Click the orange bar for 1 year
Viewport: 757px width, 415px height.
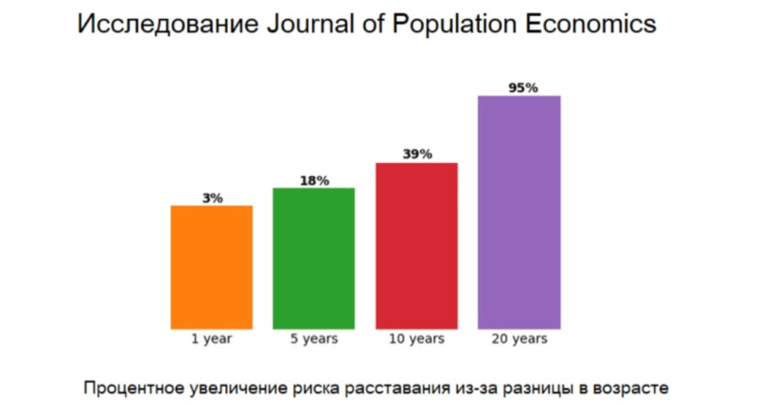coord(211,267)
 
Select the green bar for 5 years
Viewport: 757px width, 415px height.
coord(313,258)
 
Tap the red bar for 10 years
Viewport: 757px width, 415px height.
coord(416,245)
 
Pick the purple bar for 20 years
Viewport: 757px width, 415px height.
coord(519,212)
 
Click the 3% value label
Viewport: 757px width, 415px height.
coord(212,198)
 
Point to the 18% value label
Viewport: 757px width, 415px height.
coord(314,181)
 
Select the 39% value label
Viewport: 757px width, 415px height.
coord(416,154)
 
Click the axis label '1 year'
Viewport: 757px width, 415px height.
coord(211,338)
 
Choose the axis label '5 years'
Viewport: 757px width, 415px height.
coord(313,338)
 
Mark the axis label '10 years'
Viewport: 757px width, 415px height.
coord(416,338)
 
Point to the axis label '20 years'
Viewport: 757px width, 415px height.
coord(519,338)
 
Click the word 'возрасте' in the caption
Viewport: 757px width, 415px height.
coord(635,388)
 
